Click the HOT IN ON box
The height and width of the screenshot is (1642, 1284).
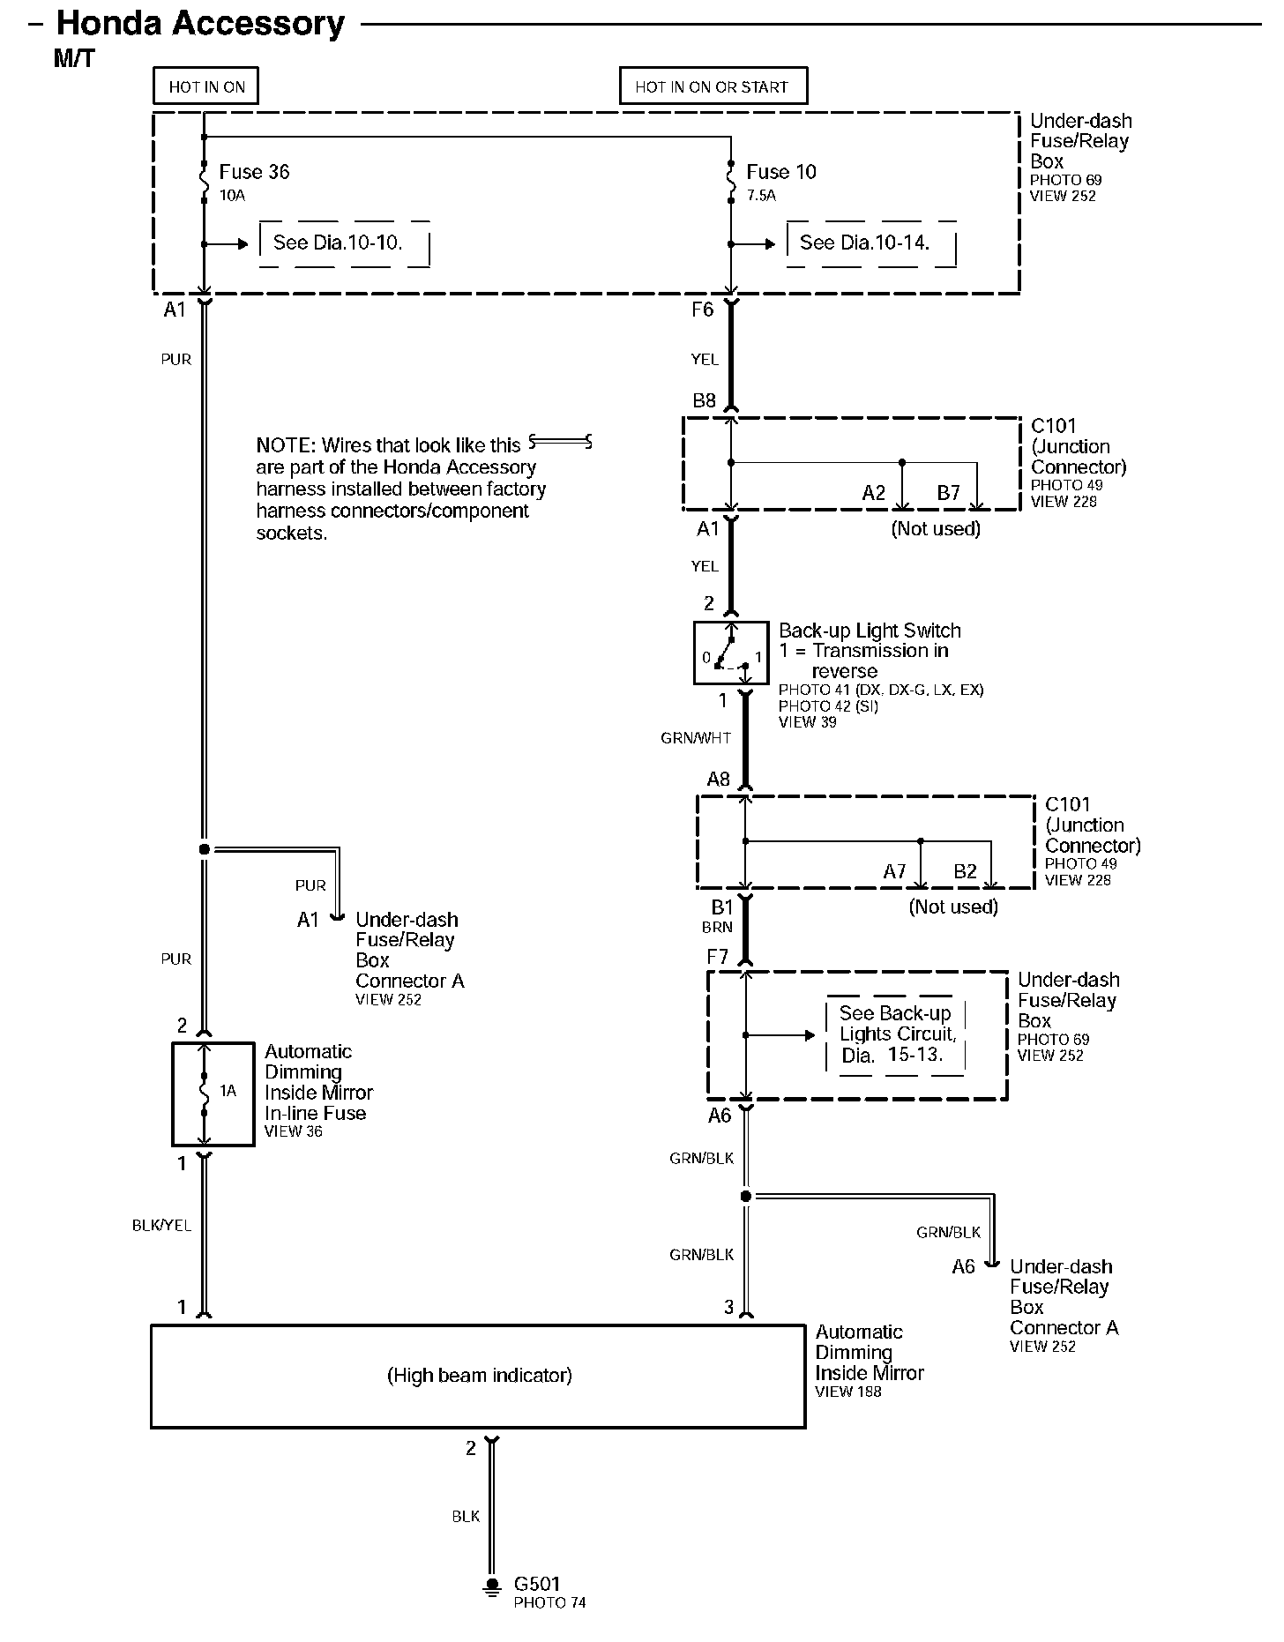pyautogui.click(x=206, y=86)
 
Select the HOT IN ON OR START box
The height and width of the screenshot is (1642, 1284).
pyautogui.click(x=713, y=86)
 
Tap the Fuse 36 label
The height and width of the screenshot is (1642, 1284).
pyautogui.click(x=254, y=172)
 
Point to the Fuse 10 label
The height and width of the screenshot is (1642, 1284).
pyautogui.click(x=781, y=172)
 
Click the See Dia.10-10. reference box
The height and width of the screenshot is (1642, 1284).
pyautogui.click(x=344, y=243)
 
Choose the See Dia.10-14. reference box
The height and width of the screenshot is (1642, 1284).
pyautogui.click(x=870, y=243)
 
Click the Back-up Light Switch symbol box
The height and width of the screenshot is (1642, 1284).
pyautogui.click(x=731, y=653)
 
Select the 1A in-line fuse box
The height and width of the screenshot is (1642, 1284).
pyautogui.click(x=213, y=1093)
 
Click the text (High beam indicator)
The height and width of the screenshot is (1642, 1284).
pyautogui.click(x=480, y=1375)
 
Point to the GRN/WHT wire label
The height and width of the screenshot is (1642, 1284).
pyautogui.click(x=696, y=738)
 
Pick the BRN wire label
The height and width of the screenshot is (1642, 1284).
pyautogui.click(x=717, y=927)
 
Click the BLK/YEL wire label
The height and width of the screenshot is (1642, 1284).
pyautogui.click(x=161, y=1225)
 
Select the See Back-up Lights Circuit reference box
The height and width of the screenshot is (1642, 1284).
pyautogui.click(x=895, y=1034)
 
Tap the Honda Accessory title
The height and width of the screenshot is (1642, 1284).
pyautogui.click(x=201, y=24)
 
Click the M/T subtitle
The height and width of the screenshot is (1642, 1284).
pyautogui.click(x=74, y=59)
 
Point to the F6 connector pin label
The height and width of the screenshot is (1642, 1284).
pyautogui.click(x=702, y=310)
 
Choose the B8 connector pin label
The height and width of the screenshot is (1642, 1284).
pyautogui.click(x=704, y=401)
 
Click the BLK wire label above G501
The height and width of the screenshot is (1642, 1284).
pyautogui.click(x=466, y=1516)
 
